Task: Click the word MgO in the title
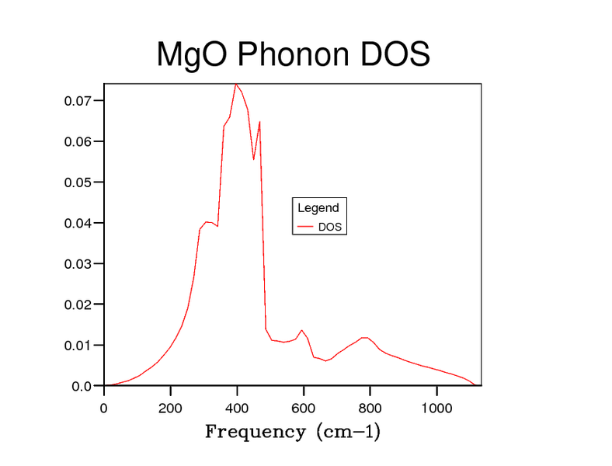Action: pyautogui.click(x=192, y=55)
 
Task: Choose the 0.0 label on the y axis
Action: pyautogui.click(x=82, y=386)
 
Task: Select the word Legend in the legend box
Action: pyautogui.click(x=318, y=208)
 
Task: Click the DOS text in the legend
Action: pyautogui.click(x=331, y=228)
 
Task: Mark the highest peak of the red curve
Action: pyautogui.click(x=236, y=84)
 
